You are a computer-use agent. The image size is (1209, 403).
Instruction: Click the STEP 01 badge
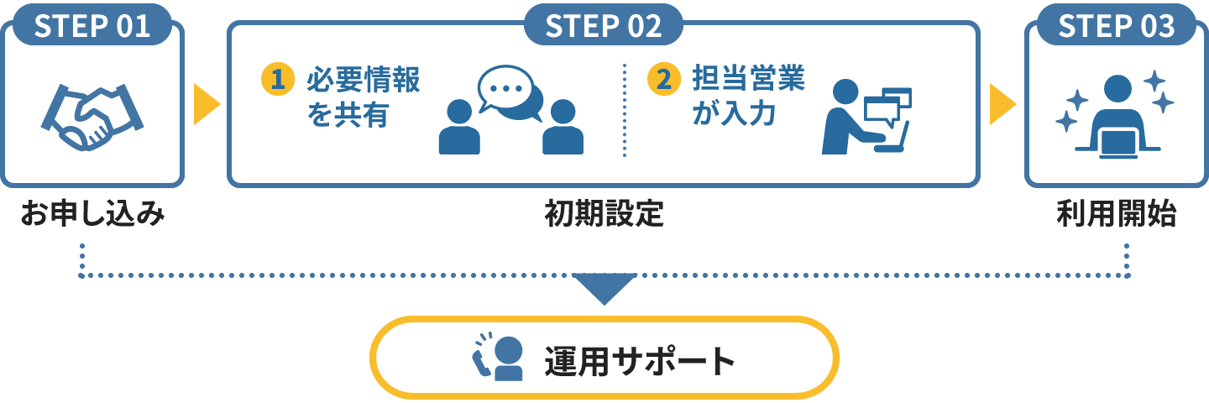coord(92,25)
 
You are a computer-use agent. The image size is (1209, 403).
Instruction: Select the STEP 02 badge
coord(604,25)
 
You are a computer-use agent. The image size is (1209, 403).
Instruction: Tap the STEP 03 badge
coord(1116,25)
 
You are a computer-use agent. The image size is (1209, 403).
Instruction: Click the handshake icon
coord(92,116)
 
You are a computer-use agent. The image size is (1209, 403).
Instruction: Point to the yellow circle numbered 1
coord(279,80)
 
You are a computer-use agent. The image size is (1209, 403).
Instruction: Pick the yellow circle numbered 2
coord(664,80)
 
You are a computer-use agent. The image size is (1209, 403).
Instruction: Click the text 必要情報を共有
coord(363,97)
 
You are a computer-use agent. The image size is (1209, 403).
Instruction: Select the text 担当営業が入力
coord(748,97)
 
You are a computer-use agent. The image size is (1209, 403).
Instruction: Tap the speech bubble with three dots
coord(505,89)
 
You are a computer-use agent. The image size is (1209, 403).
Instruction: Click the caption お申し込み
coord(92,216)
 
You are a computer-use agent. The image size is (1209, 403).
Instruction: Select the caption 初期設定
coord(604,216)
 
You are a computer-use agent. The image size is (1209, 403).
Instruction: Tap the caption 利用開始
coord(1116,216)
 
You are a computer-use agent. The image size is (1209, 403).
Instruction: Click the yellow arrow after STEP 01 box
coord(206,103)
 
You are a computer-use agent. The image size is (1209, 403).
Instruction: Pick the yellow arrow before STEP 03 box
coord(1002,103)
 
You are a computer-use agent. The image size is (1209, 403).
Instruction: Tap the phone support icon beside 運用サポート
coord(497,359)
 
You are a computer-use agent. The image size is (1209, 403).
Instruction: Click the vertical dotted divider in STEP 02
coord(625,109)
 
